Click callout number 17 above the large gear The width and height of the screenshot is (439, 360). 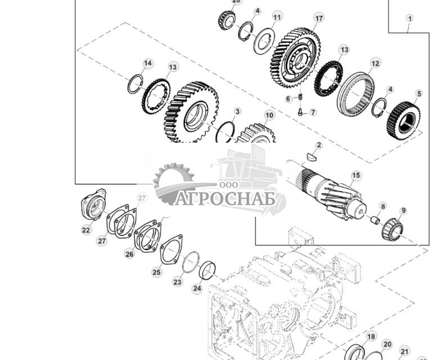[x=319, y=18]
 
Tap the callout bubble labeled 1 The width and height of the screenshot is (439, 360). [x=410, y=19]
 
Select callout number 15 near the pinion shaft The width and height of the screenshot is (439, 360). [x=355, y=176]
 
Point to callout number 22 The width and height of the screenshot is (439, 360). [x=86, y=230]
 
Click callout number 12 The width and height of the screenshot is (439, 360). [x=375, y=63]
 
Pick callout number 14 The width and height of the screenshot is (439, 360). [x=147, y=63]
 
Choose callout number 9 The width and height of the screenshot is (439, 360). [x=402, y=211]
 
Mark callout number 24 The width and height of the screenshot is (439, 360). [x=197, y=289]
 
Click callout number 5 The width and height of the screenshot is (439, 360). [x=418, y=94]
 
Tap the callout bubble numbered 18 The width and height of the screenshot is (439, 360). [x=371, y=336]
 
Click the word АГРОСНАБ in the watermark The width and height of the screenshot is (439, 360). [x=225, y=199]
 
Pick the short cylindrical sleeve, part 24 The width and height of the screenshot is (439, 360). [x=209, y=271]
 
